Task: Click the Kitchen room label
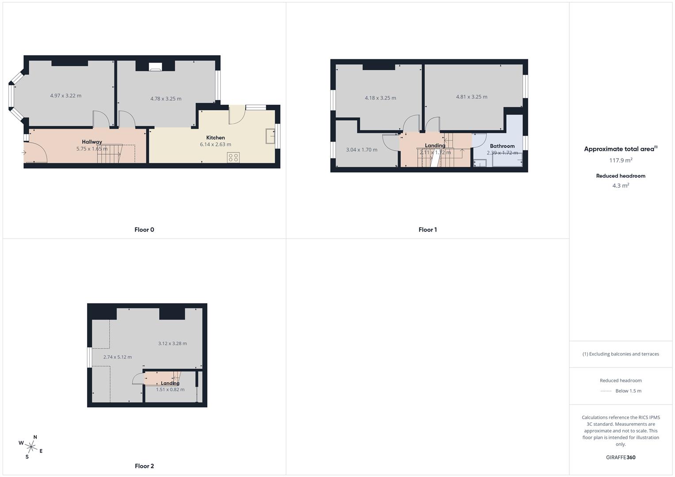point(215,138)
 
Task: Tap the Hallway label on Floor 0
point(92,142)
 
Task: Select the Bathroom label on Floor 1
point(502,146)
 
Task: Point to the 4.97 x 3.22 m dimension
point(66,95)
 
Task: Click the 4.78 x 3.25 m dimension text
point(166,98)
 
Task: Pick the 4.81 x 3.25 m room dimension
point(472,97)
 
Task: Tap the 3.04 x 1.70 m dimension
point(362,150)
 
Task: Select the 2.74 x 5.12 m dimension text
point(118,357)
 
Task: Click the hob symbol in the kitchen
point(233,157)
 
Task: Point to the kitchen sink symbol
point(270,136)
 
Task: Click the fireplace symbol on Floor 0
point(156,67)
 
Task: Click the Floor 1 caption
point(427,230)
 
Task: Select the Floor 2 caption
point(145,466)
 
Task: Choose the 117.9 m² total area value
point(621,161)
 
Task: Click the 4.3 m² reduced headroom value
point(621,186)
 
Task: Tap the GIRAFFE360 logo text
point(621,458)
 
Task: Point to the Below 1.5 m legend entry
point(628,391)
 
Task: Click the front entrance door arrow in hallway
point(23,153)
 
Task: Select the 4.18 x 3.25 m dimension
point(380,98)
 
